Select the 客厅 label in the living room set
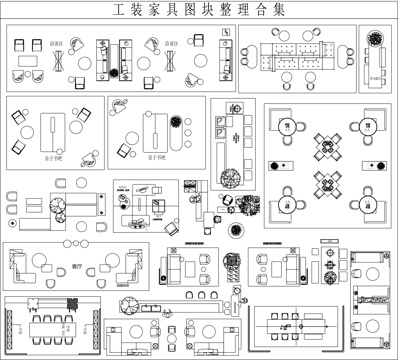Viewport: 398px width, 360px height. click(x=78, y=266)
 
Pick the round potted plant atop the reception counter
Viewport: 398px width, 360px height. click(x=376, y=42)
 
